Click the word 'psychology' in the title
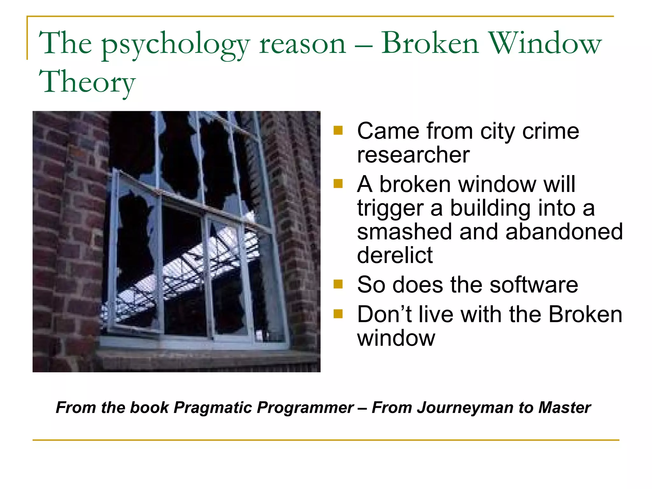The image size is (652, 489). [x=175, y=45]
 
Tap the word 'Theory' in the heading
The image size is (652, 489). [x=87, y=82]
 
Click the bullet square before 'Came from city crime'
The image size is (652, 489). [x=338, y=131]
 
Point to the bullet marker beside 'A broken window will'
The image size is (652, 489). [x=338, y=184]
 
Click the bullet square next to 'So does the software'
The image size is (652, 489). [x=338, y=284]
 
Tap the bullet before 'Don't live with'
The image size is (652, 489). [x=338, y=314]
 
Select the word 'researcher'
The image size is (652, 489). [x=413, y=155]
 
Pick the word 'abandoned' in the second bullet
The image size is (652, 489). [x=564, y=231]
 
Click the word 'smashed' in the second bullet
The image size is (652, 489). [x=404, y=231]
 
